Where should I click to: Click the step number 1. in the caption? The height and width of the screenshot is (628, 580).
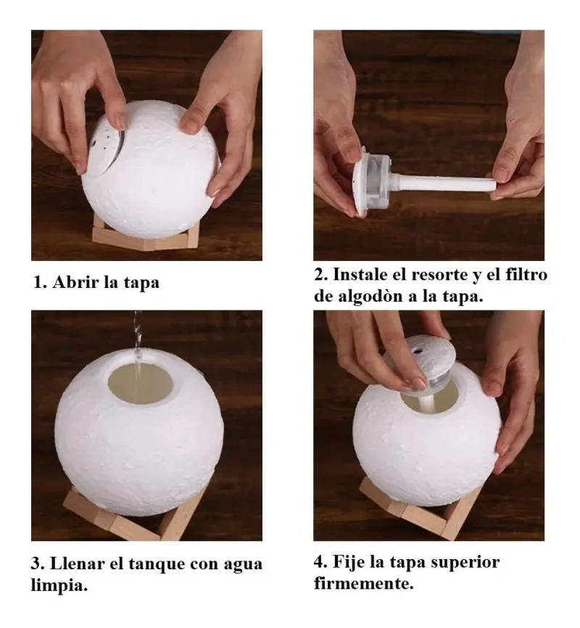point(39,282)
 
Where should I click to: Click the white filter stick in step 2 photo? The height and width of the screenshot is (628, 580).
point(442,181)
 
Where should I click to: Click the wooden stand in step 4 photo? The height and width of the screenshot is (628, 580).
point(428,511)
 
